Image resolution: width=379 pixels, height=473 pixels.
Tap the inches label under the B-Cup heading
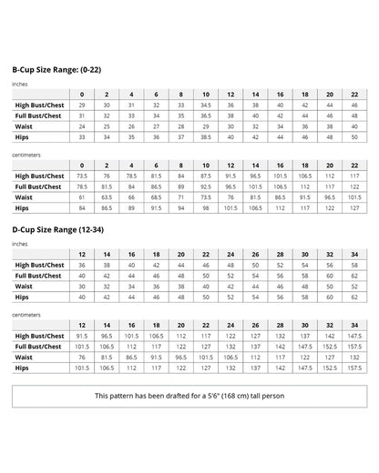(x=19, y=83)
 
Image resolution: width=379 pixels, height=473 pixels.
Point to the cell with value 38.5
(x=206, y=137)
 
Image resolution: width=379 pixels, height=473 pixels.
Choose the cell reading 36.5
(x=206, y=116)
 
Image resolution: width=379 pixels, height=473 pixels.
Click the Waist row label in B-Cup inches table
(x=24, y=126)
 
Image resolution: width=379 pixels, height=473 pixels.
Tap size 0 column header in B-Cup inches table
(x=82, y=95)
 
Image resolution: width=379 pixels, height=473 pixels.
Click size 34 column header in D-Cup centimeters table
(x=354, y=325)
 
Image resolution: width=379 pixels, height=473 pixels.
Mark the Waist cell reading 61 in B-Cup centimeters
(x=82, y=196)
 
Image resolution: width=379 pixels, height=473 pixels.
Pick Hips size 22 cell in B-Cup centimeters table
(x=354, y=207)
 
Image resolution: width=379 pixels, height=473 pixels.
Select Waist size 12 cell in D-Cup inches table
(x=82, y=286)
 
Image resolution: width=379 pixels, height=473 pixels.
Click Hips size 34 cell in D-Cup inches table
(x=354, y=297)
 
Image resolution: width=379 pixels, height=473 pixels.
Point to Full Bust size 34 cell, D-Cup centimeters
(x=354, y=347)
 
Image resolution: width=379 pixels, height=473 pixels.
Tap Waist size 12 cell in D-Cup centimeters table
(x=82, y=357)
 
